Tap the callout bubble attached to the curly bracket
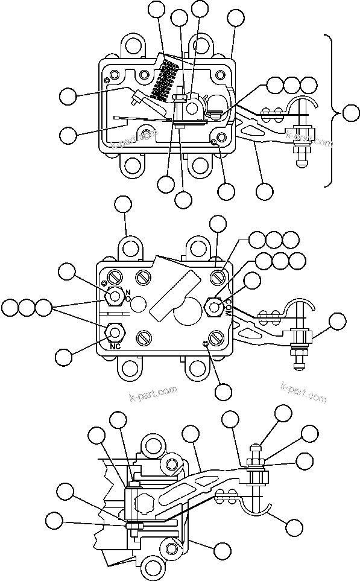(x=351, y=111)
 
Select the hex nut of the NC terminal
(x=115, y=331)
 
